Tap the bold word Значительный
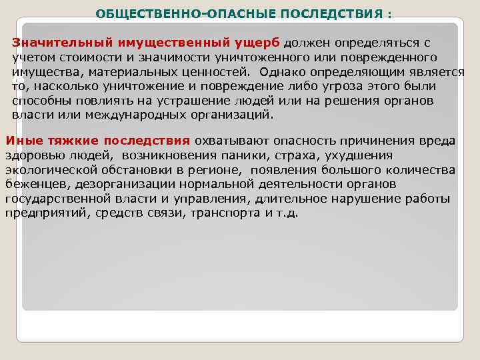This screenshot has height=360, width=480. coord(55,43)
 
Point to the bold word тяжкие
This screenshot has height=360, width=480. coord(67,141)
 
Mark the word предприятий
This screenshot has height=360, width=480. coord(40,214)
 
